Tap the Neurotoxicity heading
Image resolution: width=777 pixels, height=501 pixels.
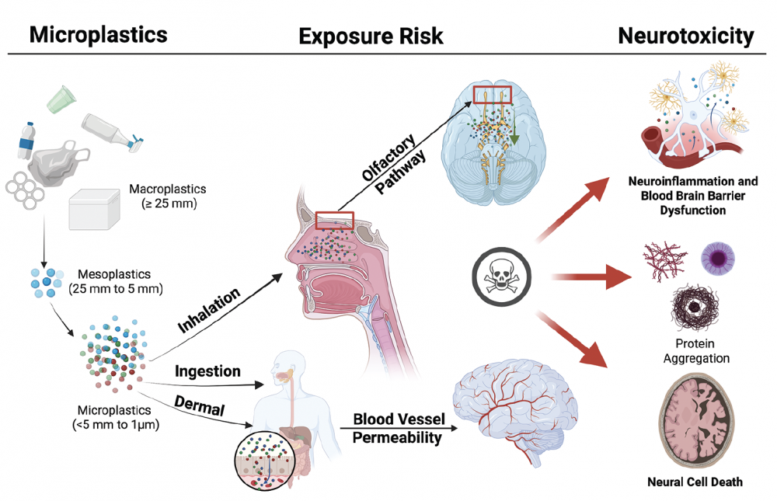click(685, 34)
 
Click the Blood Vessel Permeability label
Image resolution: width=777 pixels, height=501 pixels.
click(399, 428)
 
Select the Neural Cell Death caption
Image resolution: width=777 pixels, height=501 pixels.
click(694, 482)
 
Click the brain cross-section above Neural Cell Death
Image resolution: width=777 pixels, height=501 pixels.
click(693, 419)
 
